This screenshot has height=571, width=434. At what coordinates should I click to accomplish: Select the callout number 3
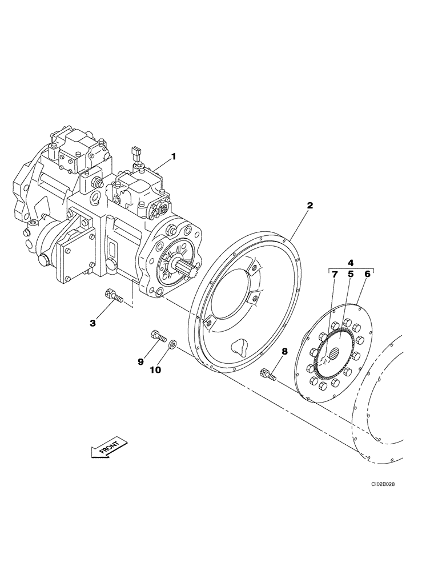93,324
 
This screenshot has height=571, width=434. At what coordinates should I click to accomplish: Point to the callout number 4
351,263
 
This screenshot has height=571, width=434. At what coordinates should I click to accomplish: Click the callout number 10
155,369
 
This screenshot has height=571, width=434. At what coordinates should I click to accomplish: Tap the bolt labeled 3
113,296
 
